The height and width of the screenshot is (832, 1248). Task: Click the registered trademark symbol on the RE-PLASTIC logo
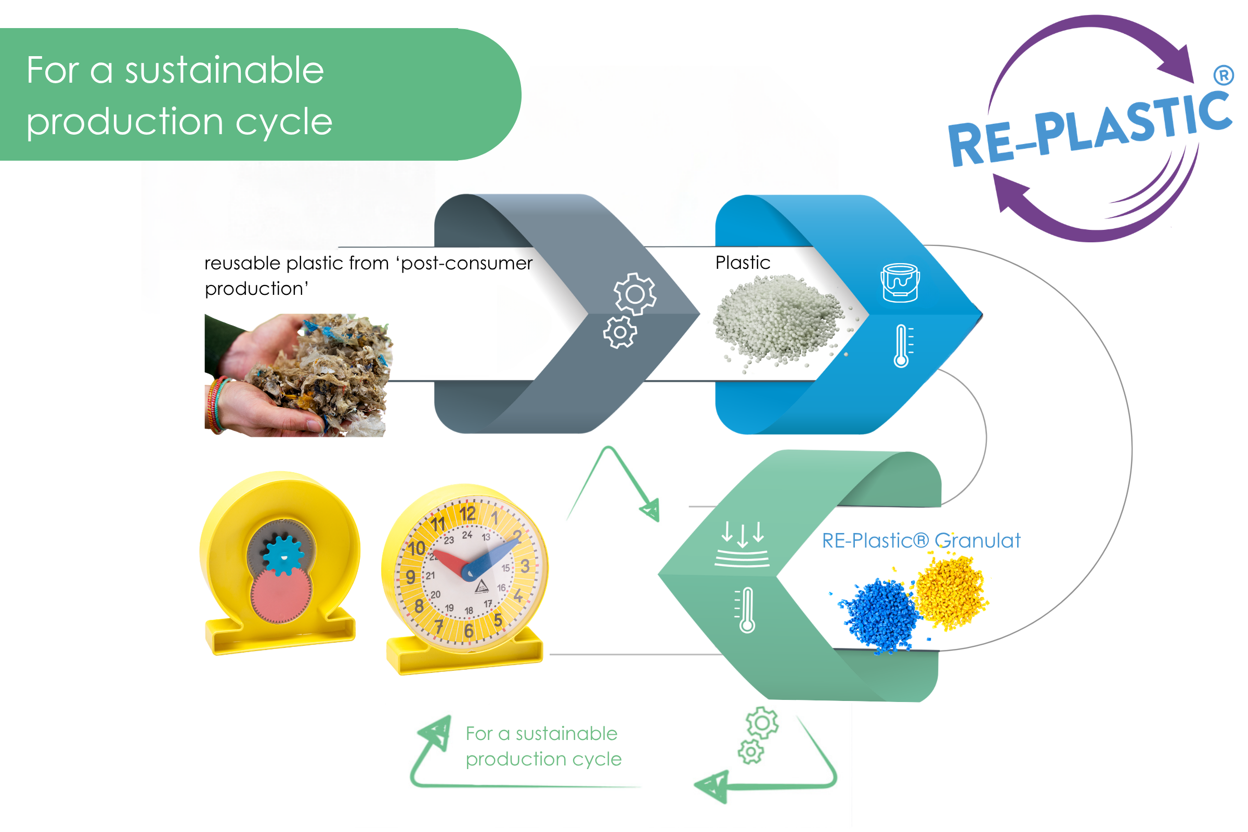click(x=1223, y=75)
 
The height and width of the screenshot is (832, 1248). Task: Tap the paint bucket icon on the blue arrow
click(x=900, y=283)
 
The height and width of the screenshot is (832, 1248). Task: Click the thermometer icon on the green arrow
click(x=745, y=609)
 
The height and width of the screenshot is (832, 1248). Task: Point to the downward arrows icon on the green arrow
click(x=742, y=544)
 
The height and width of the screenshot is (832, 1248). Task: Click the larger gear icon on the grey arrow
click(x=635, y=294)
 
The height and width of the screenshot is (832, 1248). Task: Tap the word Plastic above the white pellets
click(x=743, y=263)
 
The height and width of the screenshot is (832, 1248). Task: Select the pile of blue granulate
click(x=878, y=616)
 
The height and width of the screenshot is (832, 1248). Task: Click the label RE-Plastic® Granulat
click(x=920, y=541)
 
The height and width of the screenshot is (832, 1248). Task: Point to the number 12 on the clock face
click(x=467, y=514)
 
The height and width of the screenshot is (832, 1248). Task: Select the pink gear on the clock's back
click(x=281, y=595)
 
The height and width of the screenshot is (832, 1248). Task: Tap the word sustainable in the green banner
click(x=224, y=70)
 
